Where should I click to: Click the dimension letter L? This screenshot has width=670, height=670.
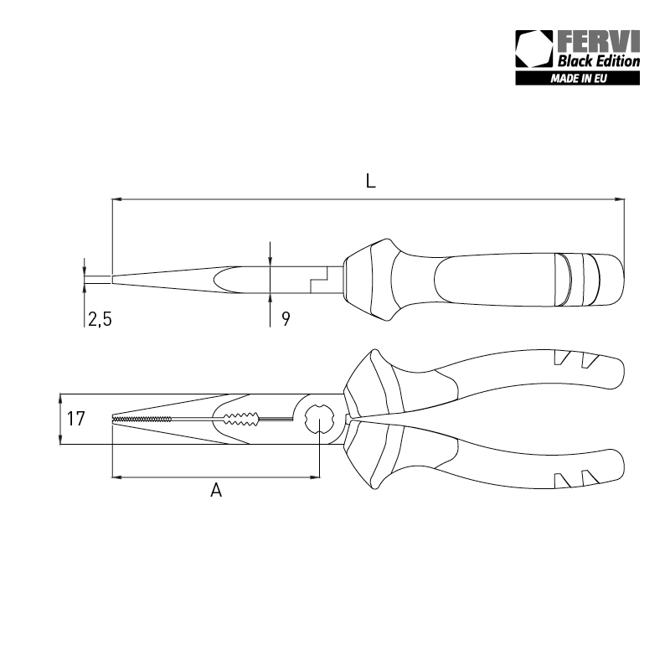point(369,181)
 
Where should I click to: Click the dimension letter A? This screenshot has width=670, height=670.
point(216,491)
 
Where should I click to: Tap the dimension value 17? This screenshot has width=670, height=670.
point(76,419)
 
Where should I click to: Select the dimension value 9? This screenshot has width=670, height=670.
point(286,318)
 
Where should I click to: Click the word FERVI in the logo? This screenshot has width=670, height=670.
point(598,43)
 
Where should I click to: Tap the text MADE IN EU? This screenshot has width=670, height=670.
point(578,80)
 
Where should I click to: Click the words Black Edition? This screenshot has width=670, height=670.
point(599,60)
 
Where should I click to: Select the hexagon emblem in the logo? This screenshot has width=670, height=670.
point(534,50)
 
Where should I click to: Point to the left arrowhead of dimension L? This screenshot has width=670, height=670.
point(116,199)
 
